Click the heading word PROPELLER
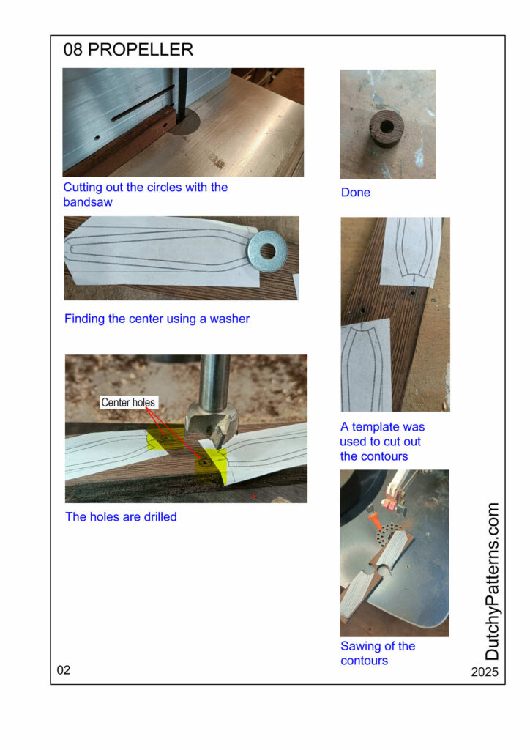coord(141,49)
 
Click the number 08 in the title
coord(72,49)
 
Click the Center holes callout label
coord(128,402)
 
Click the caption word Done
coord(356,193)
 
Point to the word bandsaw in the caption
coord(88,202)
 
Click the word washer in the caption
coord(230,319)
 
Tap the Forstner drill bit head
coord(212,423)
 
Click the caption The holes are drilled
coord(121,516)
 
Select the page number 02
coord(64,669)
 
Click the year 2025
coord(485,672)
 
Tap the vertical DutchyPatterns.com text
coord(492,581)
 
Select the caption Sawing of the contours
coord(378,653)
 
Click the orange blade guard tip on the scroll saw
coord(373,521)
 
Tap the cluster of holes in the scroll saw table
coord(387,534)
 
